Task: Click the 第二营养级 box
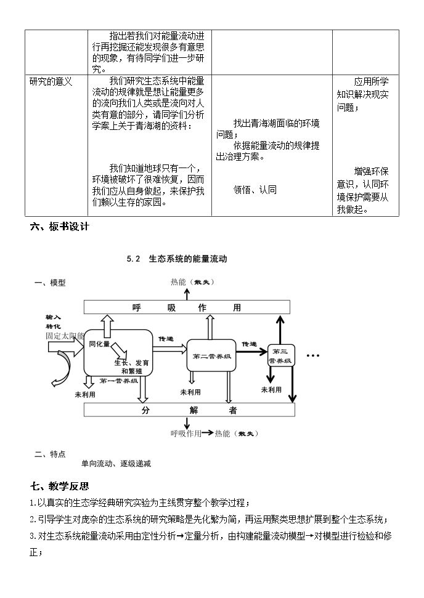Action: pyautogui.click(x=211, y=355)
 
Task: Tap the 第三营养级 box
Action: pyautogui.click(x=281, y=355)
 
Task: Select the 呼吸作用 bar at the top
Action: pyautogui.click(x=187, y=307)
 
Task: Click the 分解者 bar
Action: pyautogui.click(x=189, y=410)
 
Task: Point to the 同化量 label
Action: pyautogui.click(x=99, y=344)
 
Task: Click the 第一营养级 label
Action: pyautogui.click(x=119, y=381)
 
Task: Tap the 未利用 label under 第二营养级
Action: pyautogui.click(x=190, y=392)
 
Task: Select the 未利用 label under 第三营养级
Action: pyautogui.click(x=271, y=390)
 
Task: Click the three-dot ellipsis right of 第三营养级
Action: pyautogui.click(x=312, y=356)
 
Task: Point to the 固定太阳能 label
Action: pyautogui.click(x=65, y=336)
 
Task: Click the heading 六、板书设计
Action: pyautogui.click(x=60, y=227)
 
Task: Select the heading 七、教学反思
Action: pyautogui.click(x=60, y=486)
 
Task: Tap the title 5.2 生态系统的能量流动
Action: pyautogui.click(x=177, y=259)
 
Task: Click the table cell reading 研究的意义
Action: pyautogui.click(x=51, y=82)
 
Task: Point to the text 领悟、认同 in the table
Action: pyautogui.click(x=255, y=190)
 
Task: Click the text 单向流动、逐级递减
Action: pyautogui.click(x=116, y=464)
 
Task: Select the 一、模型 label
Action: pyautogui.click(x=50, y=283)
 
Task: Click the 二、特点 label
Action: pyautogui.click(x=50, y=454)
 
